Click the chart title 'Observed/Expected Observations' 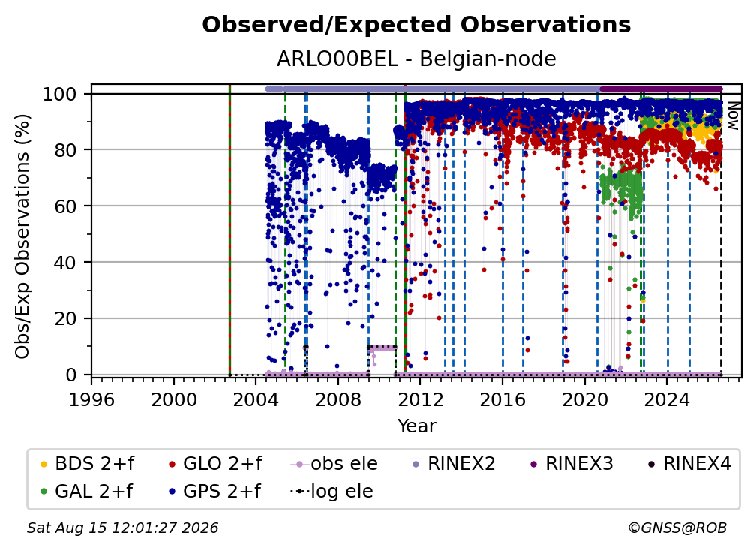click(x=416, y=25)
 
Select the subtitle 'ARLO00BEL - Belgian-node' click(x=416, y=59)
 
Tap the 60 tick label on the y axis click(x=65, y=206)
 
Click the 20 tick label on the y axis click(x=65, y=318)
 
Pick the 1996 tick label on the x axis click(x=91, y=399)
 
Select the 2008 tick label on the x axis click(x=338, y=399)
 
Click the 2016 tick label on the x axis click(x=502, y=399)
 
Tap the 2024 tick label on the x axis click(x=667, y=399)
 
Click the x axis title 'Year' click(x=416, y=426)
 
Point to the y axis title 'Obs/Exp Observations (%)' click(x=22, y=236)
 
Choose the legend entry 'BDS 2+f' click(x=87, y=464)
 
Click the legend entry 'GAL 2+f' click(x=87, y=492)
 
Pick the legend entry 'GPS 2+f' click(x=215, y=492)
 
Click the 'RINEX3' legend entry click(x=571, y=464)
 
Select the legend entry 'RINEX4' click(x=689, y=464)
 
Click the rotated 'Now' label click(x=733, y=116)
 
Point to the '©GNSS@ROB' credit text click(x=677, y=528)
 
